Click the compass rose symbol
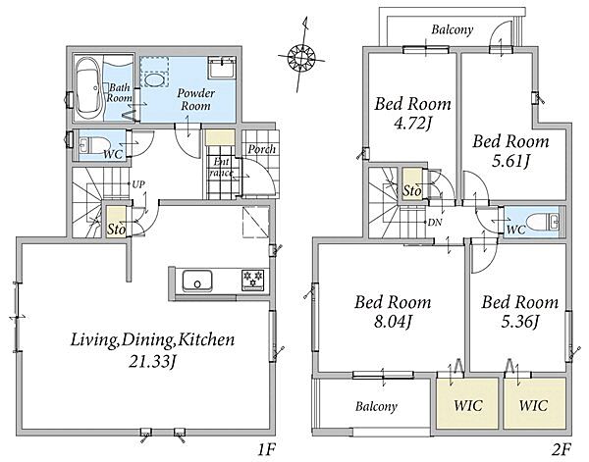coord(301,57)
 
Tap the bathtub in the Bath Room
coord(88,88)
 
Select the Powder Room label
coord(195,99)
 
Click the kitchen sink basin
coord(197,281)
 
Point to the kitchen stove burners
coord(253,280)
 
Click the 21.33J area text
coord(152,362)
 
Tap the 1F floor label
coord(267,449)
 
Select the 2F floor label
coord(562,449)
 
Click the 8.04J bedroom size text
coord(394,322)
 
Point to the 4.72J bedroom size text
coord(412,124)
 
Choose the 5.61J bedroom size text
coord(510,162)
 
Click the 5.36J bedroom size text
coord(520,322)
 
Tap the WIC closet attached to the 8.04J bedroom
coord(467,403)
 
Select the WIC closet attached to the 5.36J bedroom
coord(535,403)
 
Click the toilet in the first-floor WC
coord(94,144)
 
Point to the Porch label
coord(261,149)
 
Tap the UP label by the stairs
coord(138,184)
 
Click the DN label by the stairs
coord(435,223)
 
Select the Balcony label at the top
coord(452,29)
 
